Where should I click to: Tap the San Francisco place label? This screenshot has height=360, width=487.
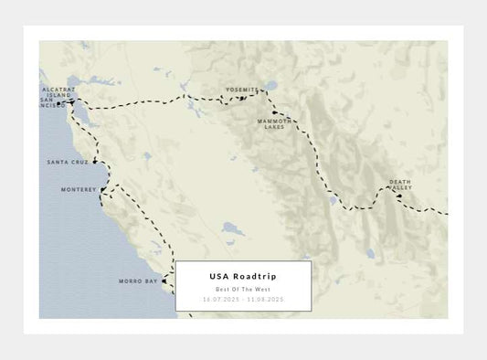[53, 102]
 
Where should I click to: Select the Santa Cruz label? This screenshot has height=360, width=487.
[68, 162]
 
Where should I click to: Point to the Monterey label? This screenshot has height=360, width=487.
[78, 189]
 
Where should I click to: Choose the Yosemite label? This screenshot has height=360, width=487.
[242, 90]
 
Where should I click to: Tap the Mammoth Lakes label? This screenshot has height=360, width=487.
[274, 123]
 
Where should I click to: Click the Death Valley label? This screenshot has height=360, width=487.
[400, 185]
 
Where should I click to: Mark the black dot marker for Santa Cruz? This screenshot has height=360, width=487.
[95, 161]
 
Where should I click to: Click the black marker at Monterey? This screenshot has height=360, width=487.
[103, 192]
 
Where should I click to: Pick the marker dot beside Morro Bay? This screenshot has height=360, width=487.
[165, 281]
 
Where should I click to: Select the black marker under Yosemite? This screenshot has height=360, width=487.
[242, 98]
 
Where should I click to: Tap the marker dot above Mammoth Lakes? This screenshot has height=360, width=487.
[274, 113]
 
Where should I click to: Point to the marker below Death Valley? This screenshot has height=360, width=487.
[400, 196]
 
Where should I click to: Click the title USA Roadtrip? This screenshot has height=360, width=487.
[243, 276]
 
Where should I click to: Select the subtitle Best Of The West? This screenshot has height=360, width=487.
[243, 289]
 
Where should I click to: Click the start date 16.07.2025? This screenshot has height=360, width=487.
[220, 299]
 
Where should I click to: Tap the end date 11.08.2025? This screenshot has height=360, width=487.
[266, 299]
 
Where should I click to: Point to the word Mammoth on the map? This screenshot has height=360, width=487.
[274, 121]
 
